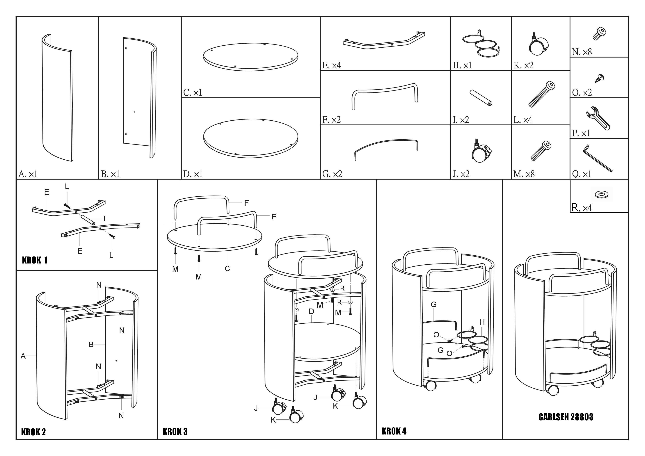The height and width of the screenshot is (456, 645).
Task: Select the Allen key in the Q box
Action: pos(598,158)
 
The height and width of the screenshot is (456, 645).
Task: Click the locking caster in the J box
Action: pos(481,151)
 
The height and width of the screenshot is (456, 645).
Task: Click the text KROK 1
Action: pos(35,260)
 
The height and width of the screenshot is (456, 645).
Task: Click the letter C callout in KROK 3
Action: pos(227,269)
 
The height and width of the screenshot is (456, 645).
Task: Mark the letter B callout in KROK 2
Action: pos(91,345)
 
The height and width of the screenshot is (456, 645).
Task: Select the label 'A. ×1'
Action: pos(28,174)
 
